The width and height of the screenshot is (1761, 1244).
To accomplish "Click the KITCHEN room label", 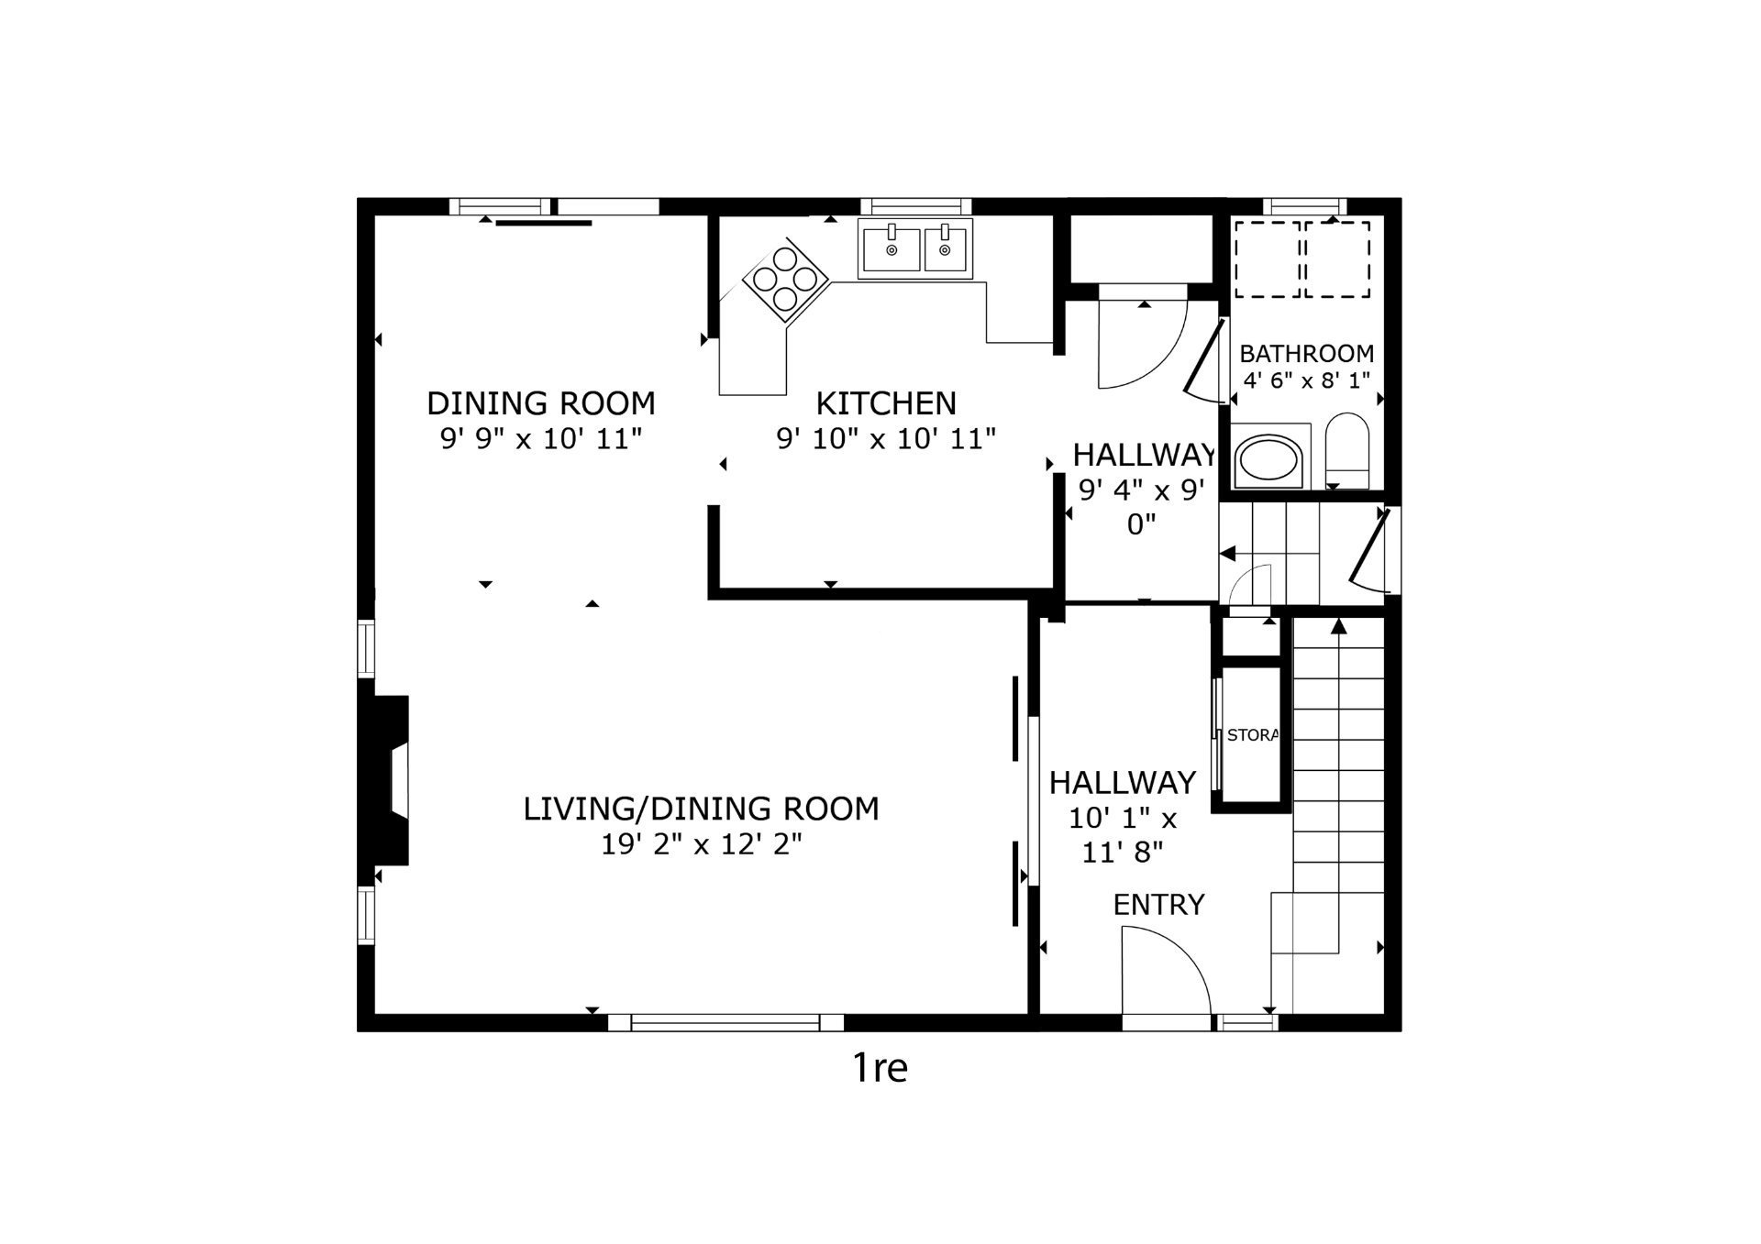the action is point(886,403).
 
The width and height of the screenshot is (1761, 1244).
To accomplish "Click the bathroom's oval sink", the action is point(1269,460).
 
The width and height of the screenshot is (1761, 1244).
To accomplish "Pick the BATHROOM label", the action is point(1307,354).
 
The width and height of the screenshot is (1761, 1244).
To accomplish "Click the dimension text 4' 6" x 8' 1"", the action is point(1307,380).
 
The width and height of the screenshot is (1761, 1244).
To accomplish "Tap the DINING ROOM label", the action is point(541,403).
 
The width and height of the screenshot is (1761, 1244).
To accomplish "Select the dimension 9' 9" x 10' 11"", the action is point(541,439).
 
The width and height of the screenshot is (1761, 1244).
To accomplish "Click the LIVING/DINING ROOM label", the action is point(702,809).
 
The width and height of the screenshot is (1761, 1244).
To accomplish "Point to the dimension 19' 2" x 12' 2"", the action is point(702,844).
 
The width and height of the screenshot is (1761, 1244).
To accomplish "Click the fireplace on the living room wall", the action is point(383,779).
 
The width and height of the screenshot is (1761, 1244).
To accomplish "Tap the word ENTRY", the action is point(1158,905).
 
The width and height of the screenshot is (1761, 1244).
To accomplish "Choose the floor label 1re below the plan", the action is point(880,1068).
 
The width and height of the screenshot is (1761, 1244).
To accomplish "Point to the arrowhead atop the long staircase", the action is point(1339,626).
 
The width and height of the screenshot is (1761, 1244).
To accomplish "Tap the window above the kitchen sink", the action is point(921,206).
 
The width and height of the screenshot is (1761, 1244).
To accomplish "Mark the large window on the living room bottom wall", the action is point(725,1022).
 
